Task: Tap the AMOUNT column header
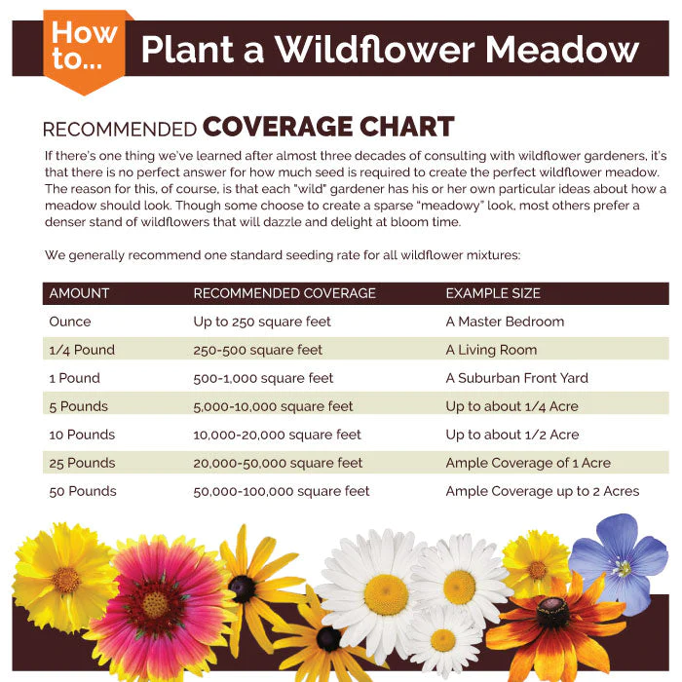tap(79, 293)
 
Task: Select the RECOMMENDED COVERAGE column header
tap(284, 293)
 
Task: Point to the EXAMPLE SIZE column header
tap(493, 293)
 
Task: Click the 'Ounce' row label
tap(70, 322)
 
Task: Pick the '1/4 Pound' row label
tap(82, 350)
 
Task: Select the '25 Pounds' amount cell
tap(82, 463)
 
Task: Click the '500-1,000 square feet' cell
tap(263, 378)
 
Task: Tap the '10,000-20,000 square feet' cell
tap(277, 435)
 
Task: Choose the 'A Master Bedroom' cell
tap(505, 322)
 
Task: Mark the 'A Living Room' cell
tap(491, 350)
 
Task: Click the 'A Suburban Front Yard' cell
tap(516, 378)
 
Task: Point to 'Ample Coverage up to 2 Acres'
tap(543, 491)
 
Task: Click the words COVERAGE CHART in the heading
tap(328, 128)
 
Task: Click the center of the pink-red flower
tap(155, 604)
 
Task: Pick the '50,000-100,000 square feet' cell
tap(282, 491)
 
